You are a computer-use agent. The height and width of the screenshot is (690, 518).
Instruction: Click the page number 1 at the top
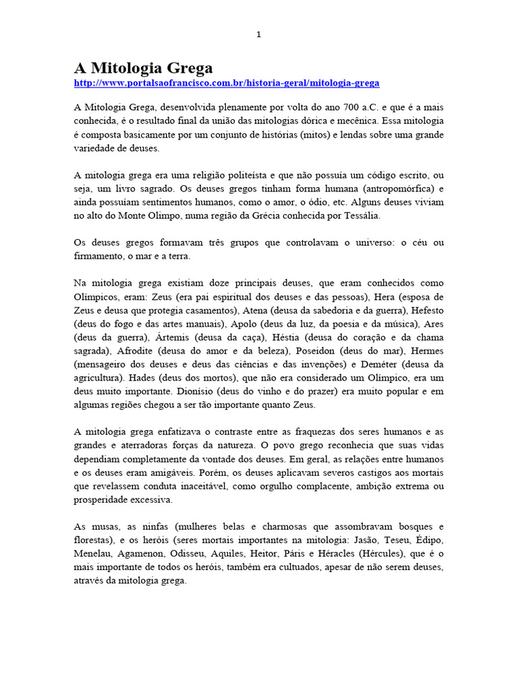[258, 35]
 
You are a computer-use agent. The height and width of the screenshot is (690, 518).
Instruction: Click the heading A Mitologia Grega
[143, 67]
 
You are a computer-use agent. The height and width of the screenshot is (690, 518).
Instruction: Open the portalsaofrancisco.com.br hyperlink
[227, 83]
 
